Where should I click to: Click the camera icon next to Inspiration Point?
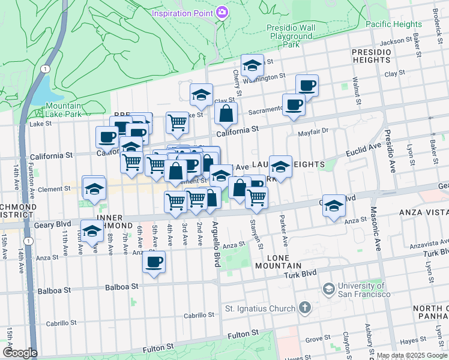[x=222, y=13]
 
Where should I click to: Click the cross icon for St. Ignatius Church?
[x=305, y=308]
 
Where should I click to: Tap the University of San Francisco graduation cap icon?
[x=328, y=289]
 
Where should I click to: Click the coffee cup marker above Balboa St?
[x=154, y=262]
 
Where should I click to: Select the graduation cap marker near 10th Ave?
[x=92, y=230]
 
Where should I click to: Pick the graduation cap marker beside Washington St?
[x=252, y=65]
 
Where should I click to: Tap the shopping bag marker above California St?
[x=226, y=113]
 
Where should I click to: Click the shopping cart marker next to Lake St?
[x=178, y=122]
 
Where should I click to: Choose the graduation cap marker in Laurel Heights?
[x=280, y=166]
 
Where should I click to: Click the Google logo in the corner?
[x=20, y=353]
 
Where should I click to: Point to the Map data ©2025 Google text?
[x=412, y=355]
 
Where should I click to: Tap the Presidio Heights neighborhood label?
[x=372, y=56]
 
